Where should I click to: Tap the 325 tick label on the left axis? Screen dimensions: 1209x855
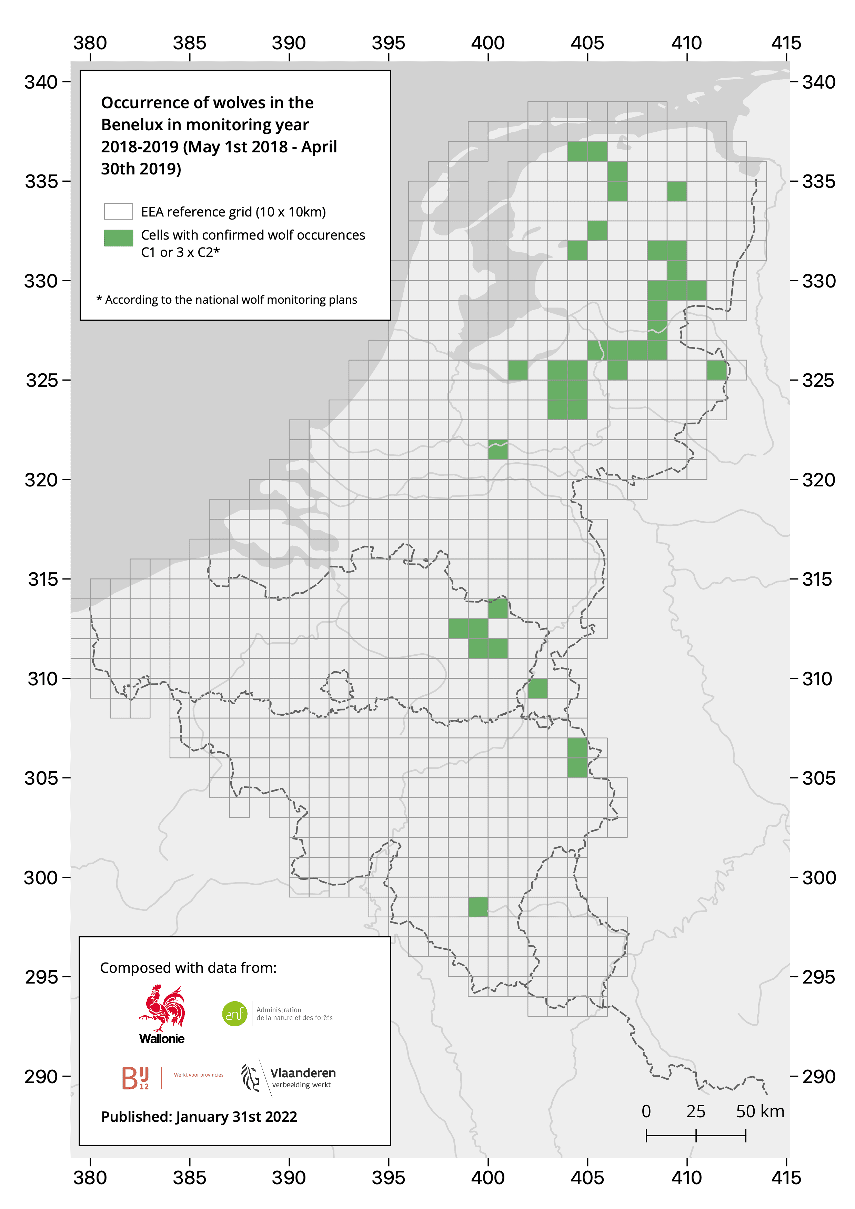(42, 380)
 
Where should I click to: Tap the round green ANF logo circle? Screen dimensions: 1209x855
(235, 1014)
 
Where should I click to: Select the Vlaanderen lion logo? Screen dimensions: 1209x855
(251, 1077)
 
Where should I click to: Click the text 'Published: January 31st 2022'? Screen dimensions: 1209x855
(199, 1117)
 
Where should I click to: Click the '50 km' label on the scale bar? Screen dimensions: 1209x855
(760, 1111)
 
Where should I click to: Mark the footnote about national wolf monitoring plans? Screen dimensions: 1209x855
(227, 300)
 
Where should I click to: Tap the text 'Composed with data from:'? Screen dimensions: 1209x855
(188, 968)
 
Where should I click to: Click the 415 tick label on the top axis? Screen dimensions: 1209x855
(786, 43)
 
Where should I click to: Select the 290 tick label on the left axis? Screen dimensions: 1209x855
(41, 1077)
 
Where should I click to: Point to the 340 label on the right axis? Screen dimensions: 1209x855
(819, 82)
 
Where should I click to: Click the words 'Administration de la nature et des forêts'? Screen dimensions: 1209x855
(294, 1014)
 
